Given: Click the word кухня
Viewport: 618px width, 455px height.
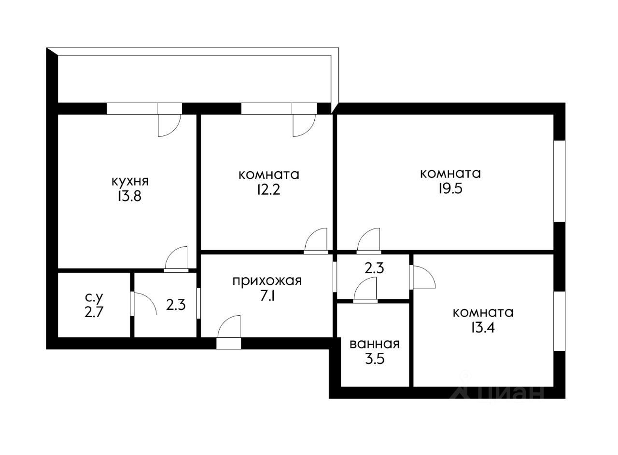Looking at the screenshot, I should tap(130, 181).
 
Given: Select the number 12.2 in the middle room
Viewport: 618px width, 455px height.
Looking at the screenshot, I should tap(268, 189).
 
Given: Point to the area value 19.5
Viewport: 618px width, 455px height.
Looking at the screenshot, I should tap(450, 188).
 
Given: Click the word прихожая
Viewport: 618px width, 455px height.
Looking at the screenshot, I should tap(267, 281).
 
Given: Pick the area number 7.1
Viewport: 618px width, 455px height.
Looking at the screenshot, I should tap(267, 296).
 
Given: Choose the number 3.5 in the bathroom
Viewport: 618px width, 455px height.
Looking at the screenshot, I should tap(374, 359).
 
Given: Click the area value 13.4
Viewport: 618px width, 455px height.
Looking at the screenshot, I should tap(483, 328).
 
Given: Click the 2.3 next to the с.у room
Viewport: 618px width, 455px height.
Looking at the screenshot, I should tap(176, 305).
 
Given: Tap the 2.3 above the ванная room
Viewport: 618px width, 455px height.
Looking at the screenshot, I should tap(374, 268).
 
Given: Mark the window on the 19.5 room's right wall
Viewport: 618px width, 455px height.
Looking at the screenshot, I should tap(559, 181).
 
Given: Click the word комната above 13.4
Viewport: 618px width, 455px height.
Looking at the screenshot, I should tap(483, 312).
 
